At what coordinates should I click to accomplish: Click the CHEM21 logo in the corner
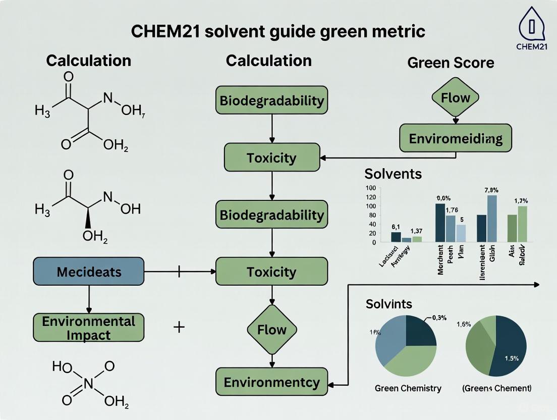coord(531,28)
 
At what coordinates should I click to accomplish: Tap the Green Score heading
coord(450,63)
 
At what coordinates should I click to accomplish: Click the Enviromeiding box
coord(455,138)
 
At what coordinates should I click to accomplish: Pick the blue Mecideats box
coord(89,272)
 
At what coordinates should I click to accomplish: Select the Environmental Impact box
coord(89,328)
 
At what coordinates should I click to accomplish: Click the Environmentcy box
coord(272,382)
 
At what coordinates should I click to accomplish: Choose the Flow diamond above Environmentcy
coord(272,330)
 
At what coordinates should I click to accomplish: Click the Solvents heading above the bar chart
coord(393,174)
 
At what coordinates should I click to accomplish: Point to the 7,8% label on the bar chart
coord(491,190)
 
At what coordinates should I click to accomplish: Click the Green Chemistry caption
coord(408,388)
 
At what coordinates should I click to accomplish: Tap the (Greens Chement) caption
coord(496,388)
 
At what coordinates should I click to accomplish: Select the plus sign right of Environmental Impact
coord(179,327)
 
